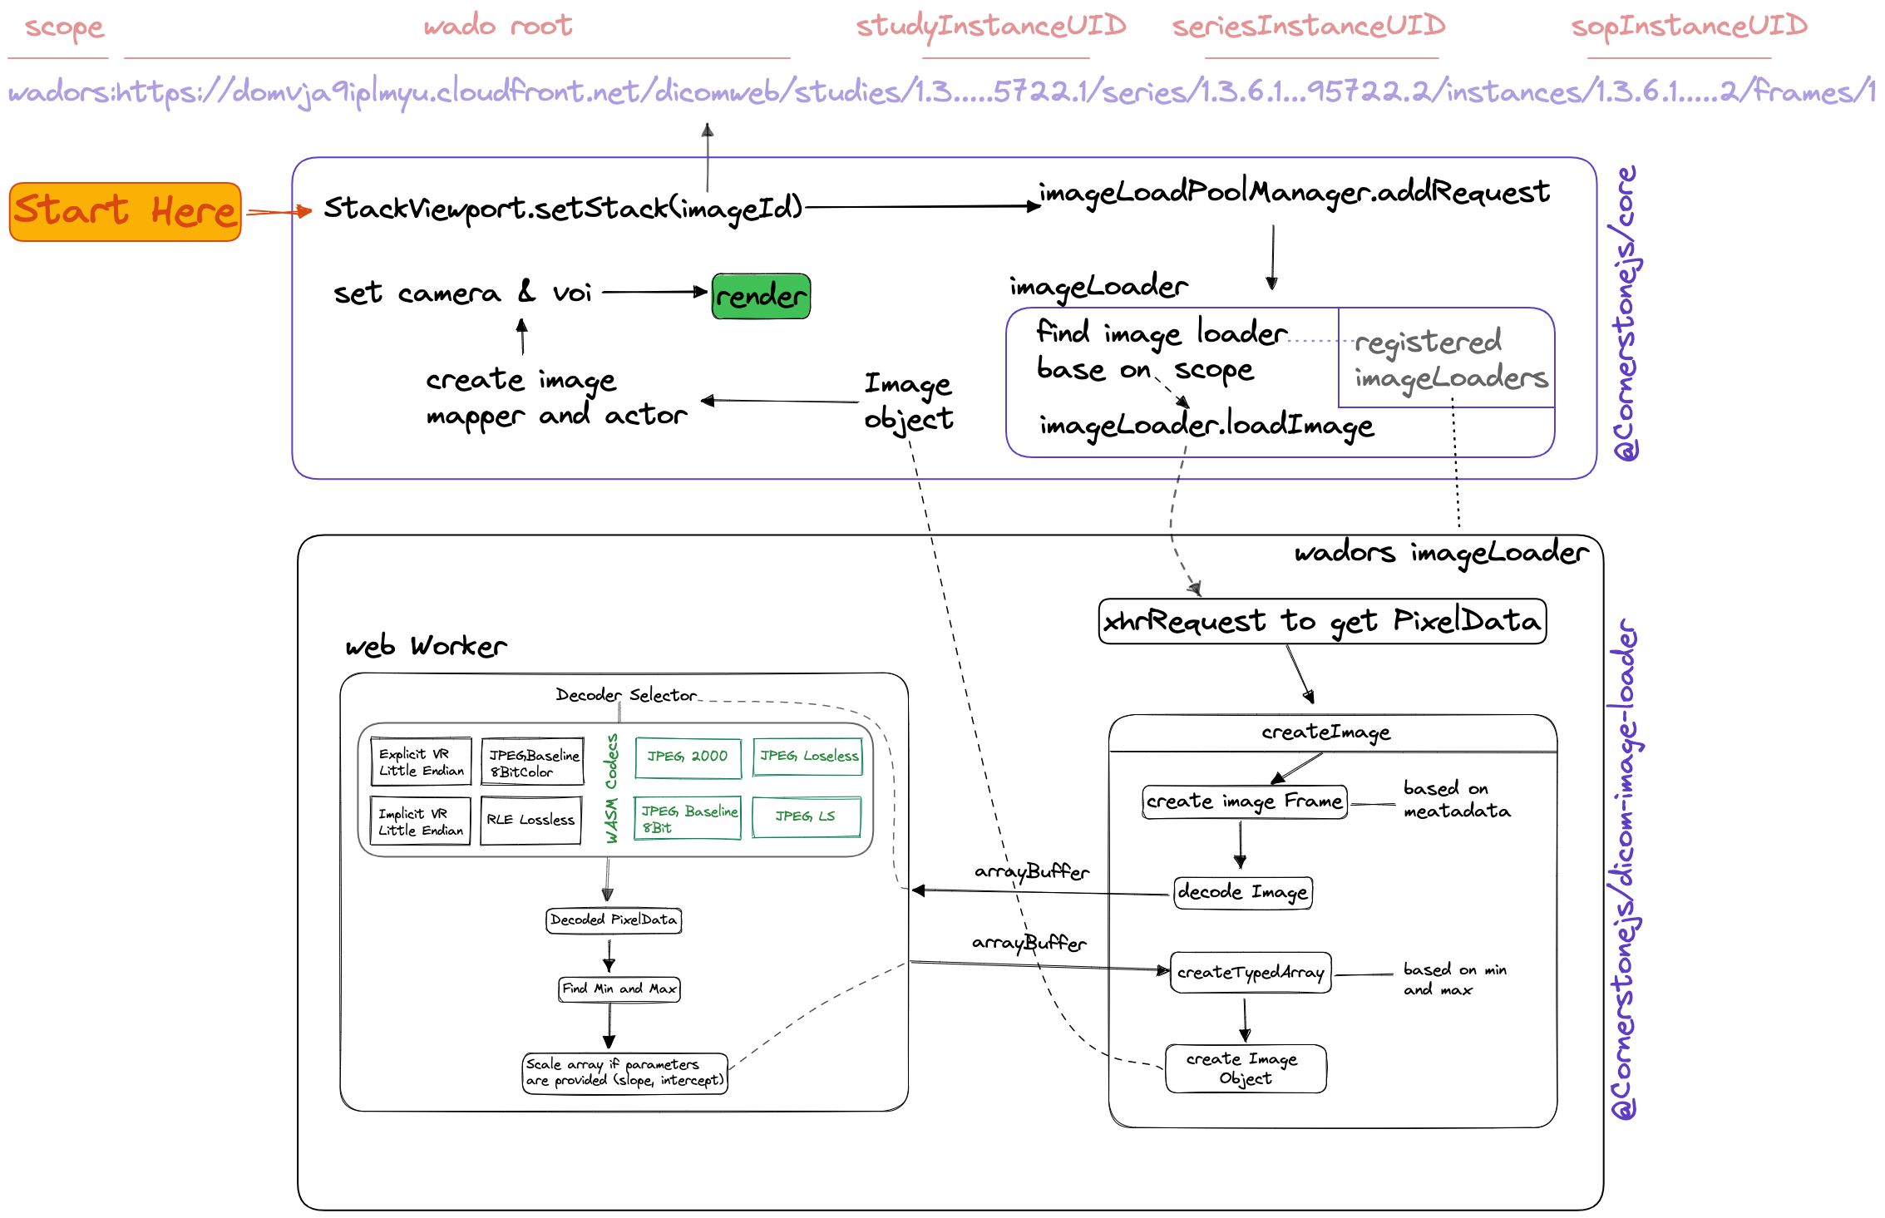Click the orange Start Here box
pyautogui.click(x=126, y=212)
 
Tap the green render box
pyautogui.click(x=761, y=296)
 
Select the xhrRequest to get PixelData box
pyautogui.click(x=1322, y=621)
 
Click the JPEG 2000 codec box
pyautogui.click(x=688, y=757)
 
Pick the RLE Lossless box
pyautogui.click(x=530, y=821)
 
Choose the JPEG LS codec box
pyautogui.click(x=806, y=816)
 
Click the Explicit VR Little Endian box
pyautogui.click(x=421, y=762)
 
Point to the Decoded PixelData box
pyautogui.click(x=614, y=920)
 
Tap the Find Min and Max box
pyautogui.click(x=619, y=989)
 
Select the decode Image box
pyautogui.click(x=1243, y=893)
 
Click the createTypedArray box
pyautogui.click(x=1251, y=973)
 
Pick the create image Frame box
pyautogui.click(x=1244, y=802)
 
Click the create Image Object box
pyautogui.click(x=1246, y=1068)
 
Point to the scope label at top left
pyautogui.click(x=64, y=27)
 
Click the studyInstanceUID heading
pyautogui.click(x=991, y=27)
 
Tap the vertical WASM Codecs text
pyautogui.click(x=612, y=788)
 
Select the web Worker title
pyautogui.click(x=426, y=646)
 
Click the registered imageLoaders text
pyautogui.click(x=1450, y=359)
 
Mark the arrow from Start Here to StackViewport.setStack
pyautogui.click(x=279, y=212)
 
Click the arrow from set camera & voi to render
pyautogui.click(x=654, y=292)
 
